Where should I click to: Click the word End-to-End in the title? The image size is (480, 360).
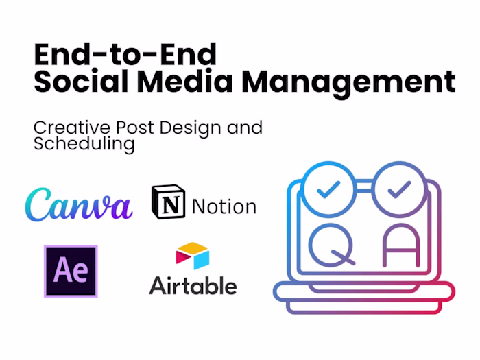[125, 53]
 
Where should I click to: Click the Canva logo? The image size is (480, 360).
[78, 204]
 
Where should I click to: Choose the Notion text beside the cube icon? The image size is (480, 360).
[224, 206]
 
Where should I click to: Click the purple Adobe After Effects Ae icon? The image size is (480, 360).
[71, 271]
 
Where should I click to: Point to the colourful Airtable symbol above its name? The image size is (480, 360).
[192, 255]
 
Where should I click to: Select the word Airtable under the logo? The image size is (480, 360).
[193, 285]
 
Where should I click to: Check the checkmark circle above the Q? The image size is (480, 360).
[327, 186]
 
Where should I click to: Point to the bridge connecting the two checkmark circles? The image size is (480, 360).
[363, 180]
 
